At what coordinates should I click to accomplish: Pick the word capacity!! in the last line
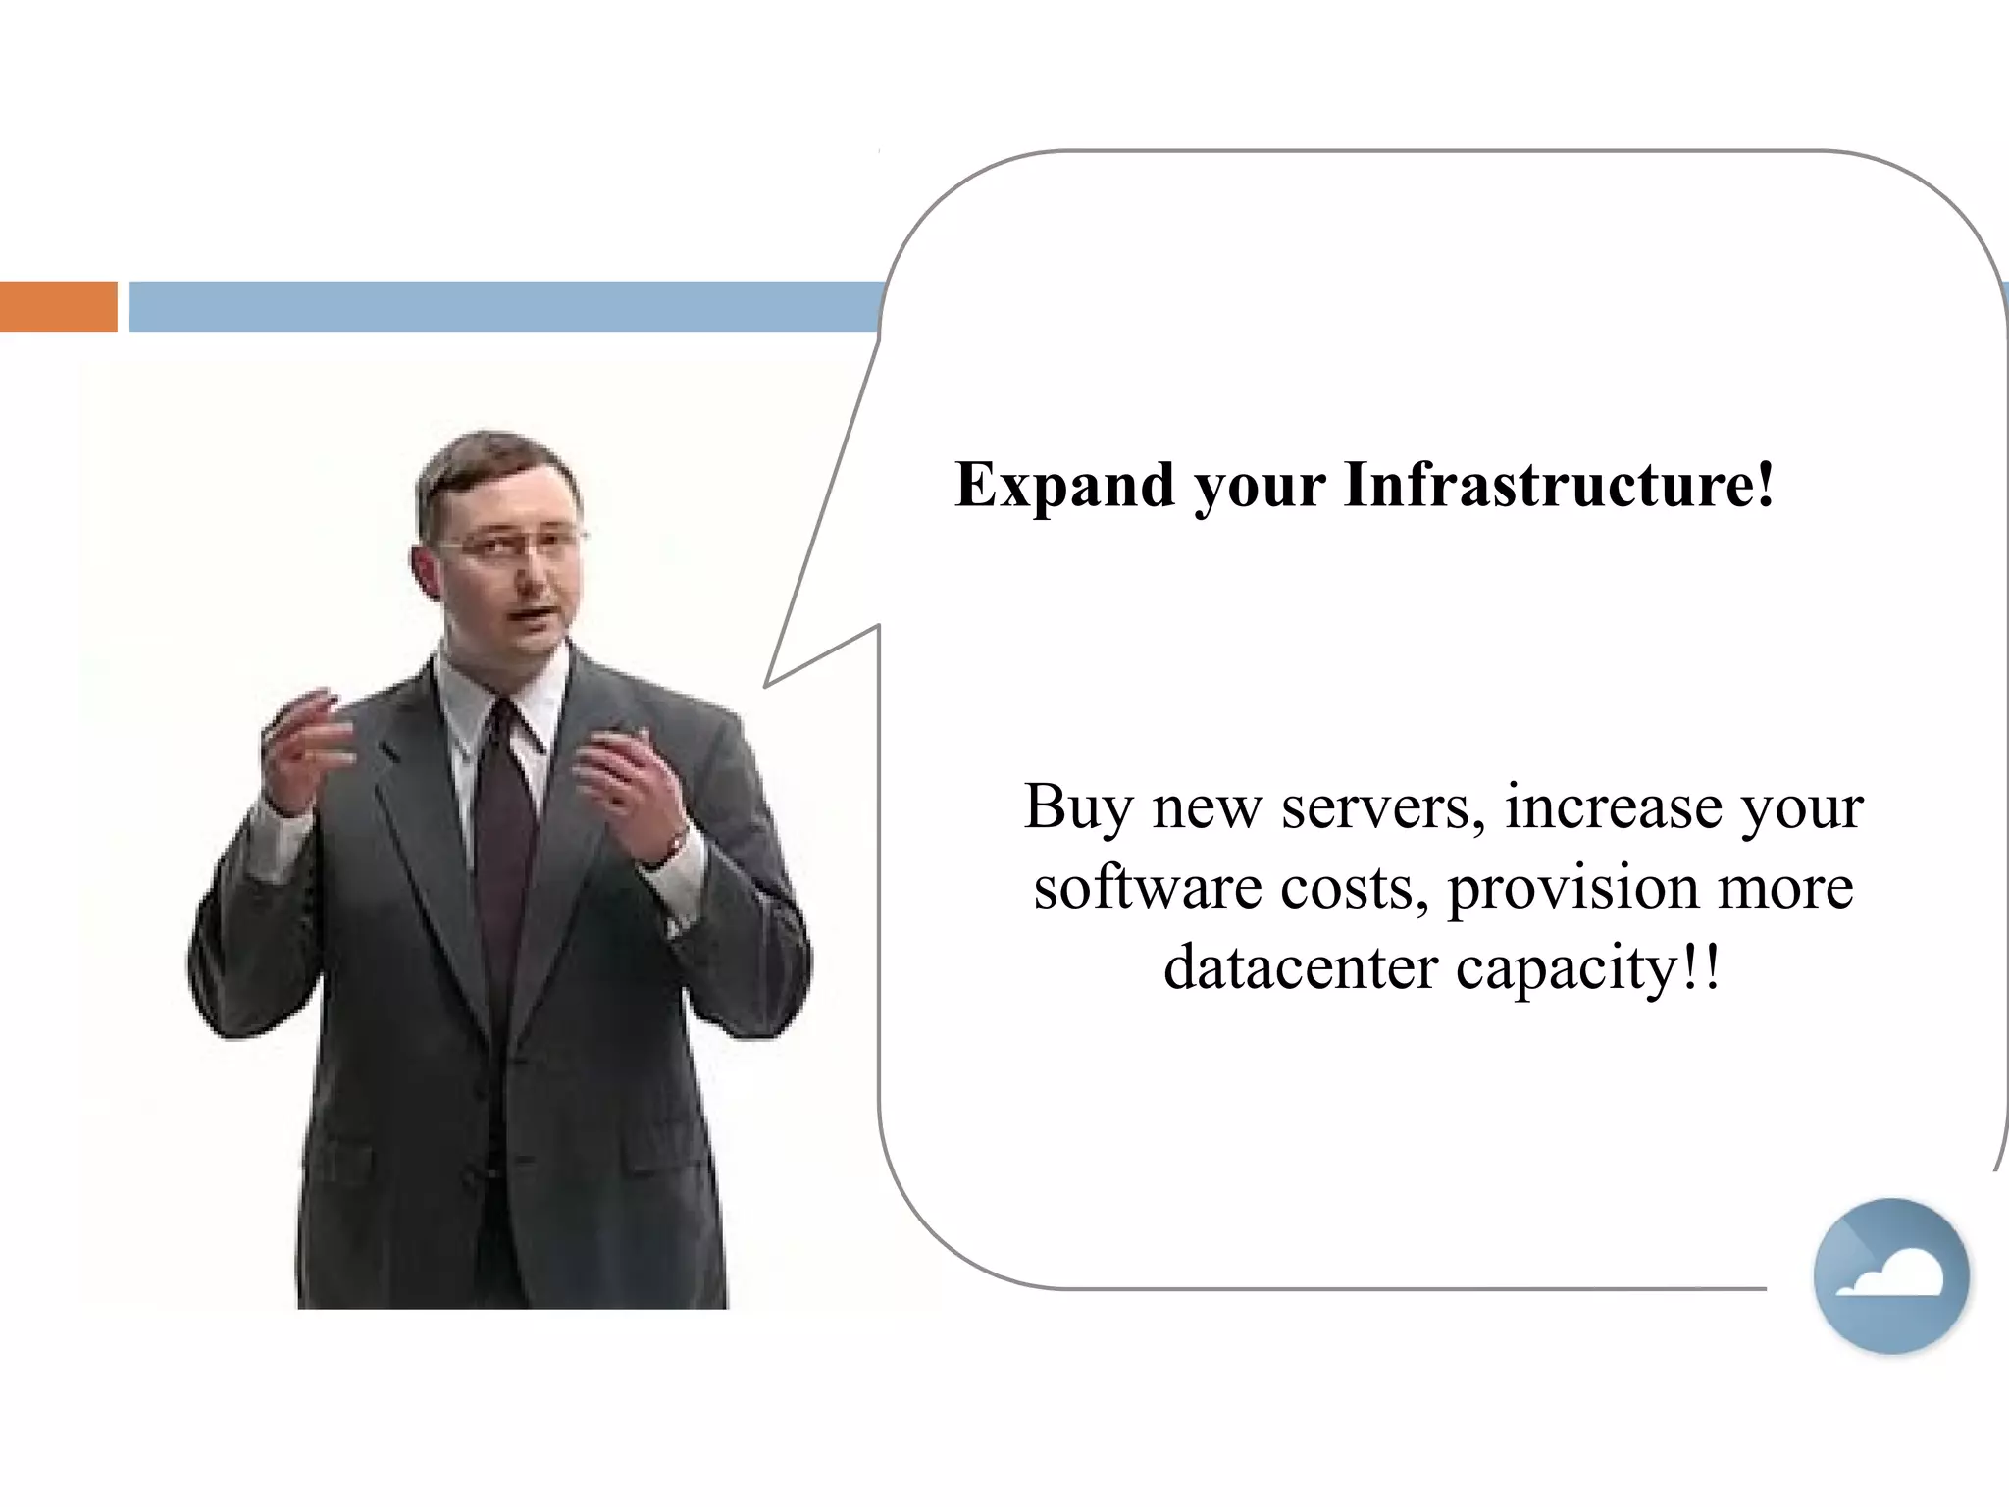click(1587, 969)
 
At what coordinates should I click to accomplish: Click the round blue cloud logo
click(1890, 1275)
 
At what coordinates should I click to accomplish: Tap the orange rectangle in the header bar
click(58, 306)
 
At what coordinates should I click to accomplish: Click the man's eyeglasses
click(515, 543)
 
